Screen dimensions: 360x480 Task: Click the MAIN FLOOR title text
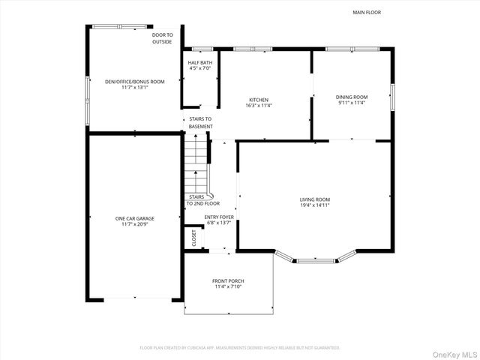pos(367,13)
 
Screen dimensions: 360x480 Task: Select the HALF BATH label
pos(199,62)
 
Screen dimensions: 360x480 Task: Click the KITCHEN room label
pos(259,100)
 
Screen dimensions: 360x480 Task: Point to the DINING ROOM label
pos(351,97)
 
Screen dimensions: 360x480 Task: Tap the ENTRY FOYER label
pos(220,217)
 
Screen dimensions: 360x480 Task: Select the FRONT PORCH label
pos(228,281)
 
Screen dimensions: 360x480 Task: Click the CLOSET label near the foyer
pos(193,238)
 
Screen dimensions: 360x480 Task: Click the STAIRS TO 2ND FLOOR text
pos(203,200)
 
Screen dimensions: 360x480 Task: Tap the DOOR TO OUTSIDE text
pos(162,38)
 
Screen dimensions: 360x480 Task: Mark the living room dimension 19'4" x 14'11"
pos(315,205)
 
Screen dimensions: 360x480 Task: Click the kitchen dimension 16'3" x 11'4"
pos(259,106)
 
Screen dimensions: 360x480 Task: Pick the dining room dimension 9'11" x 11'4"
pos(351,103)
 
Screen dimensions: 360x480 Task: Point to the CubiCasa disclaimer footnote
pos(240,347)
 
